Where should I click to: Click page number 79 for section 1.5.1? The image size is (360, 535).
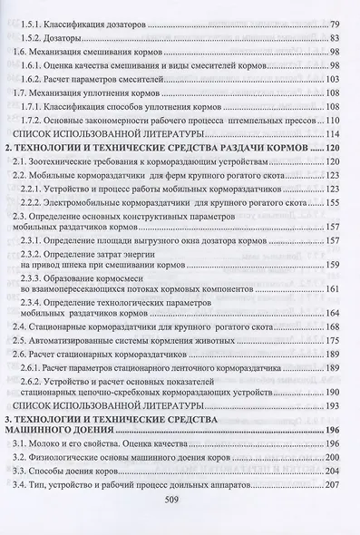(334, 23)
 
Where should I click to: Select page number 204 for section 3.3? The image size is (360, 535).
(331, 515)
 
